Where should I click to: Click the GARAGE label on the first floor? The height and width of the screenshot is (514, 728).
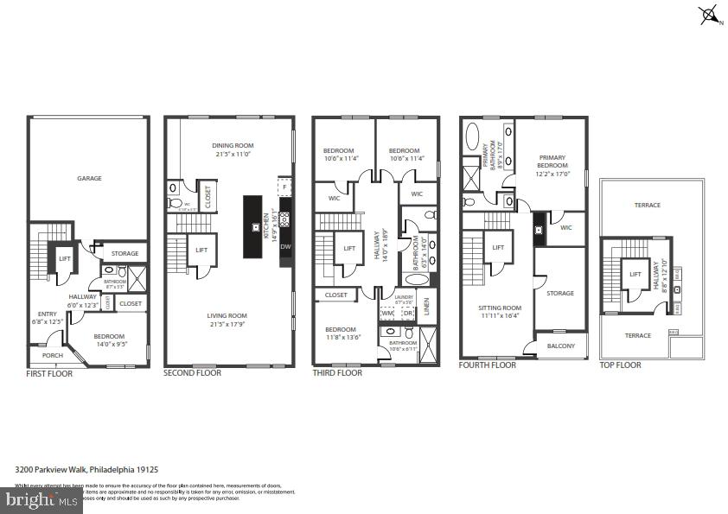pyautogui.click(x=89, y=179)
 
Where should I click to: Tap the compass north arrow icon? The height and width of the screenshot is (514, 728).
pyautogui.click(x=709, y=14)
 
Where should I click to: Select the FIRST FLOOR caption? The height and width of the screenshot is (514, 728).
pyautogui.click(x=49, y=373)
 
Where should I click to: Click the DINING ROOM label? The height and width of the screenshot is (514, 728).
pyautogui.click(x=230, y=145)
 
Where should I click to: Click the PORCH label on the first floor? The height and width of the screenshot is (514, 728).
pyautogui.click(x=41, y=354)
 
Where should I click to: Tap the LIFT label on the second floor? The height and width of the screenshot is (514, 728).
pyautogui.click(x=201, y=250)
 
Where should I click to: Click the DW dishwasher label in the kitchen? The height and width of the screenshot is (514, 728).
pyautogui.click(x=285, y=246)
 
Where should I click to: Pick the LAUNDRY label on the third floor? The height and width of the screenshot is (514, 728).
pyautogui.click(x=405, y=296)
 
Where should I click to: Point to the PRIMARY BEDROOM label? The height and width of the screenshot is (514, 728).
pyautogui.click(x=552, y=162)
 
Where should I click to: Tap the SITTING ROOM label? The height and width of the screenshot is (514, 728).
pyautogui.click(x=500, y=307)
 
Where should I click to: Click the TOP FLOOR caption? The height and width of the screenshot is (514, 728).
pyautogui.click(x=620, y=365)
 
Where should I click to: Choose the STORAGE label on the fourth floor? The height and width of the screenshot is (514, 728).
pyautogui.click(x=559, y=293)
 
